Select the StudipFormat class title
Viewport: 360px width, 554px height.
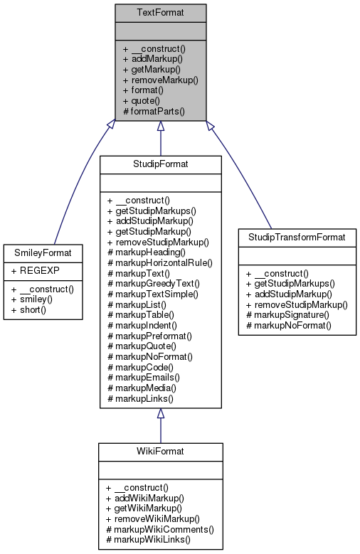pos(160,164)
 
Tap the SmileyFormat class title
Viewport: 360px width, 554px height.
pos(41,252)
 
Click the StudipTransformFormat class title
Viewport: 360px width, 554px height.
pos(297,236)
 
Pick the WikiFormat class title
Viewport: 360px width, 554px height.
pos(160,452)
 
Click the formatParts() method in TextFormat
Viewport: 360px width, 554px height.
pos(154,112)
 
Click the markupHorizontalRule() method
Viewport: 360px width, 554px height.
pos(159,262)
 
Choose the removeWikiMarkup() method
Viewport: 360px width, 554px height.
pos(156,520)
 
